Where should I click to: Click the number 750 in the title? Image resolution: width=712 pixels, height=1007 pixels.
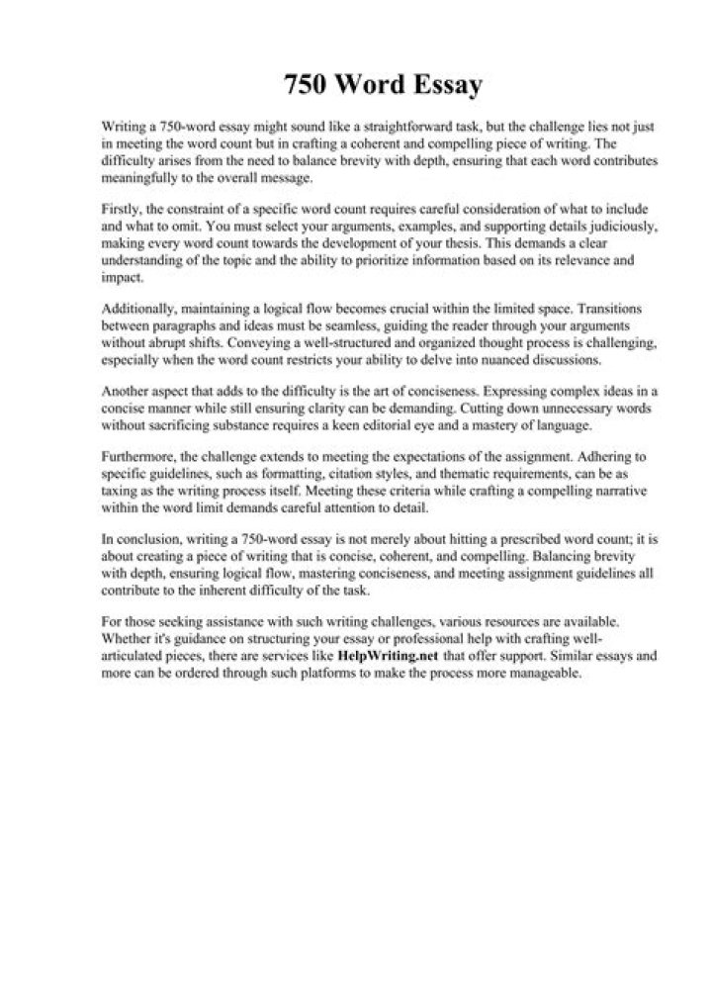304,86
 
